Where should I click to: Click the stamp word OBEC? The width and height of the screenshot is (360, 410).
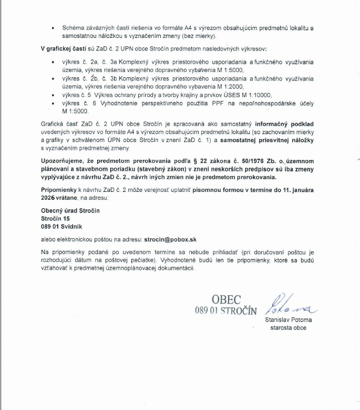pos(226,300)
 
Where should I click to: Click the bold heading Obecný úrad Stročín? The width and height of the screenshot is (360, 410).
pos(70,211)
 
